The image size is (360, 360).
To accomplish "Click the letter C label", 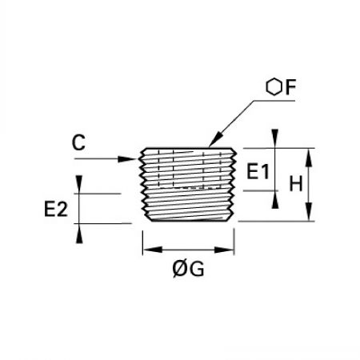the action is (78, 142).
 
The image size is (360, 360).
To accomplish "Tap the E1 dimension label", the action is (258, 171).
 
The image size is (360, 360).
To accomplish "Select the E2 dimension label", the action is (56, 209).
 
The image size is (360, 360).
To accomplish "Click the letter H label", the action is (296, 183).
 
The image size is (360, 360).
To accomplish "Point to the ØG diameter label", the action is (188, 269).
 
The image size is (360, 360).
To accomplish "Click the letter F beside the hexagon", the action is (290, 87).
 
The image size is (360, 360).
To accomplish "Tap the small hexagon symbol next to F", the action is (274, 87).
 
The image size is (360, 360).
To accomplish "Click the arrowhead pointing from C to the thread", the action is (127, 159).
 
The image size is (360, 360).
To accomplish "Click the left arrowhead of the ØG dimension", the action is (152, 250).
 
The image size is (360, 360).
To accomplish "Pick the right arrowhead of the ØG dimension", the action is (224, 250).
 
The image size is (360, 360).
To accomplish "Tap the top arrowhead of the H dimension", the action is (309, 158).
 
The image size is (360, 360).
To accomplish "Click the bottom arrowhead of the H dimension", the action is (309, 212).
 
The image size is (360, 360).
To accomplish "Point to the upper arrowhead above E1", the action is (275, 138).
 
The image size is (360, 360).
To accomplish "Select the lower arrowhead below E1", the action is (275, 200).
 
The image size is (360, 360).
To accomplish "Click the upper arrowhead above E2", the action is (79, 184).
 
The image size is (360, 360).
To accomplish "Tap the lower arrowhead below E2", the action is (79, 234).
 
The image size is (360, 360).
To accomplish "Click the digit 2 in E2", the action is (62, 209).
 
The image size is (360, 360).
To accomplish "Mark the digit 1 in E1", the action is (265, 171).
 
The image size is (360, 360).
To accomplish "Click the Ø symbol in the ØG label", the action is (180, 269).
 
